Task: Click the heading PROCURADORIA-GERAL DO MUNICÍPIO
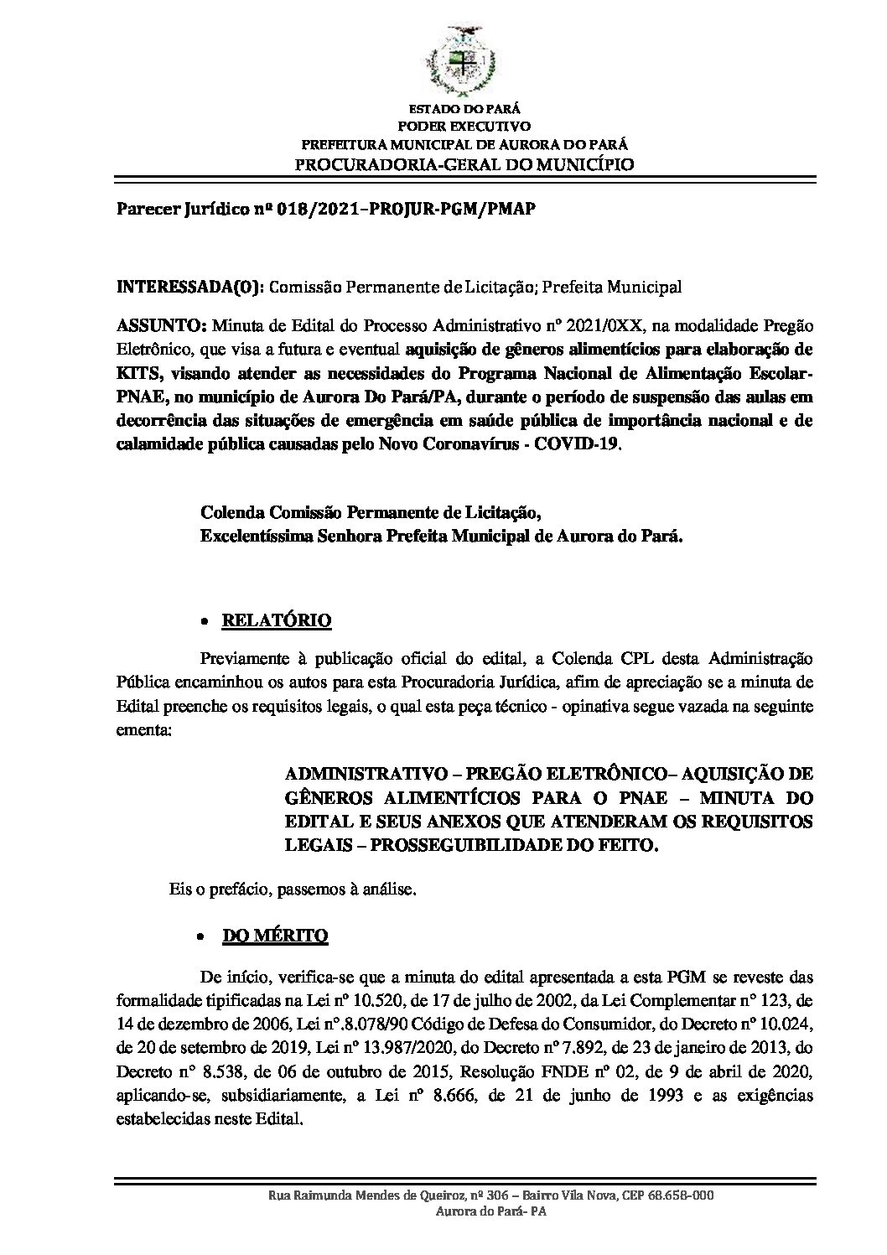click(465, 163)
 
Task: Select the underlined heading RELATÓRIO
click(276, 621)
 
